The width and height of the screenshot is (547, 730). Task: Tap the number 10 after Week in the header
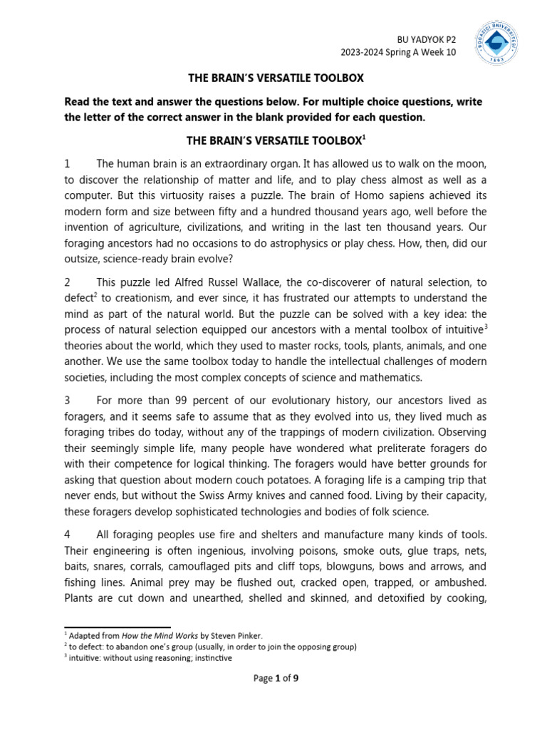(449, 53)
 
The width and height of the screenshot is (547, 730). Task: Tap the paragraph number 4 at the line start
(68, 535)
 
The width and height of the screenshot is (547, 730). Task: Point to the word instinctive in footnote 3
(207, 657)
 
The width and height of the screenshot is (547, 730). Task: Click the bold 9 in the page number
(296, 679)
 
